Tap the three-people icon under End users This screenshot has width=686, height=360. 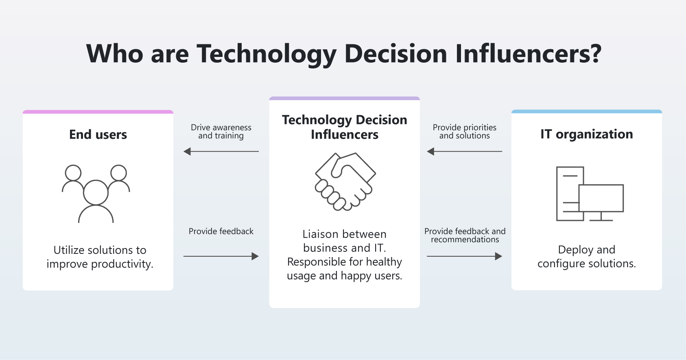point(96,193)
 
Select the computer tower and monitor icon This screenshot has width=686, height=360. point(590,194)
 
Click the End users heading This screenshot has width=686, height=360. point(98,135)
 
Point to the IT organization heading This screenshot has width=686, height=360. point(586,134)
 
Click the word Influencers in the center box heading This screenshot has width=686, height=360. point(345,135)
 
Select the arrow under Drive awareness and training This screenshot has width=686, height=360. point(221,152)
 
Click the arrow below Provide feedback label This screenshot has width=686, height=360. point(221,256)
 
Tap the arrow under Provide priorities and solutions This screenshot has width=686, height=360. point(464,152)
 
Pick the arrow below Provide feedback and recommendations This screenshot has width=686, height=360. point(464,256)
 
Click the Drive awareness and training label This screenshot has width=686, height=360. point(221,132)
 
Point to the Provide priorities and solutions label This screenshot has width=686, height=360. point(464,132)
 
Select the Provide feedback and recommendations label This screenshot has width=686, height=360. point(465,236)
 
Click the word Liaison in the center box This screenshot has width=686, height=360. point(321,234)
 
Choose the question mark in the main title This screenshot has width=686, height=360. point(596,54)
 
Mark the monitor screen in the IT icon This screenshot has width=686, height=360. point(601,198)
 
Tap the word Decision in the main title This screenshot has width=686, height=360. point(395,54)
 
